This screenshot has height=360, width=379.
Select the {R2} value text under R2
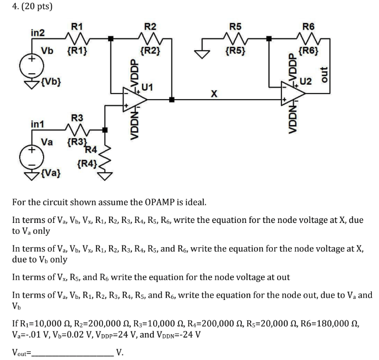[x=150, y=52]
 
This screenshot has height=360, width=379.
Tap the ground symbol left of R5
[x=203, y=54]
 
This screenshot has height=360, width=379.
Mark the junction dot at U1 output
[x=172, y=100]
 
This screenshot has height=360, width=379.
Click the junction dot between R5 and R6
[x=269, y=38]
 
